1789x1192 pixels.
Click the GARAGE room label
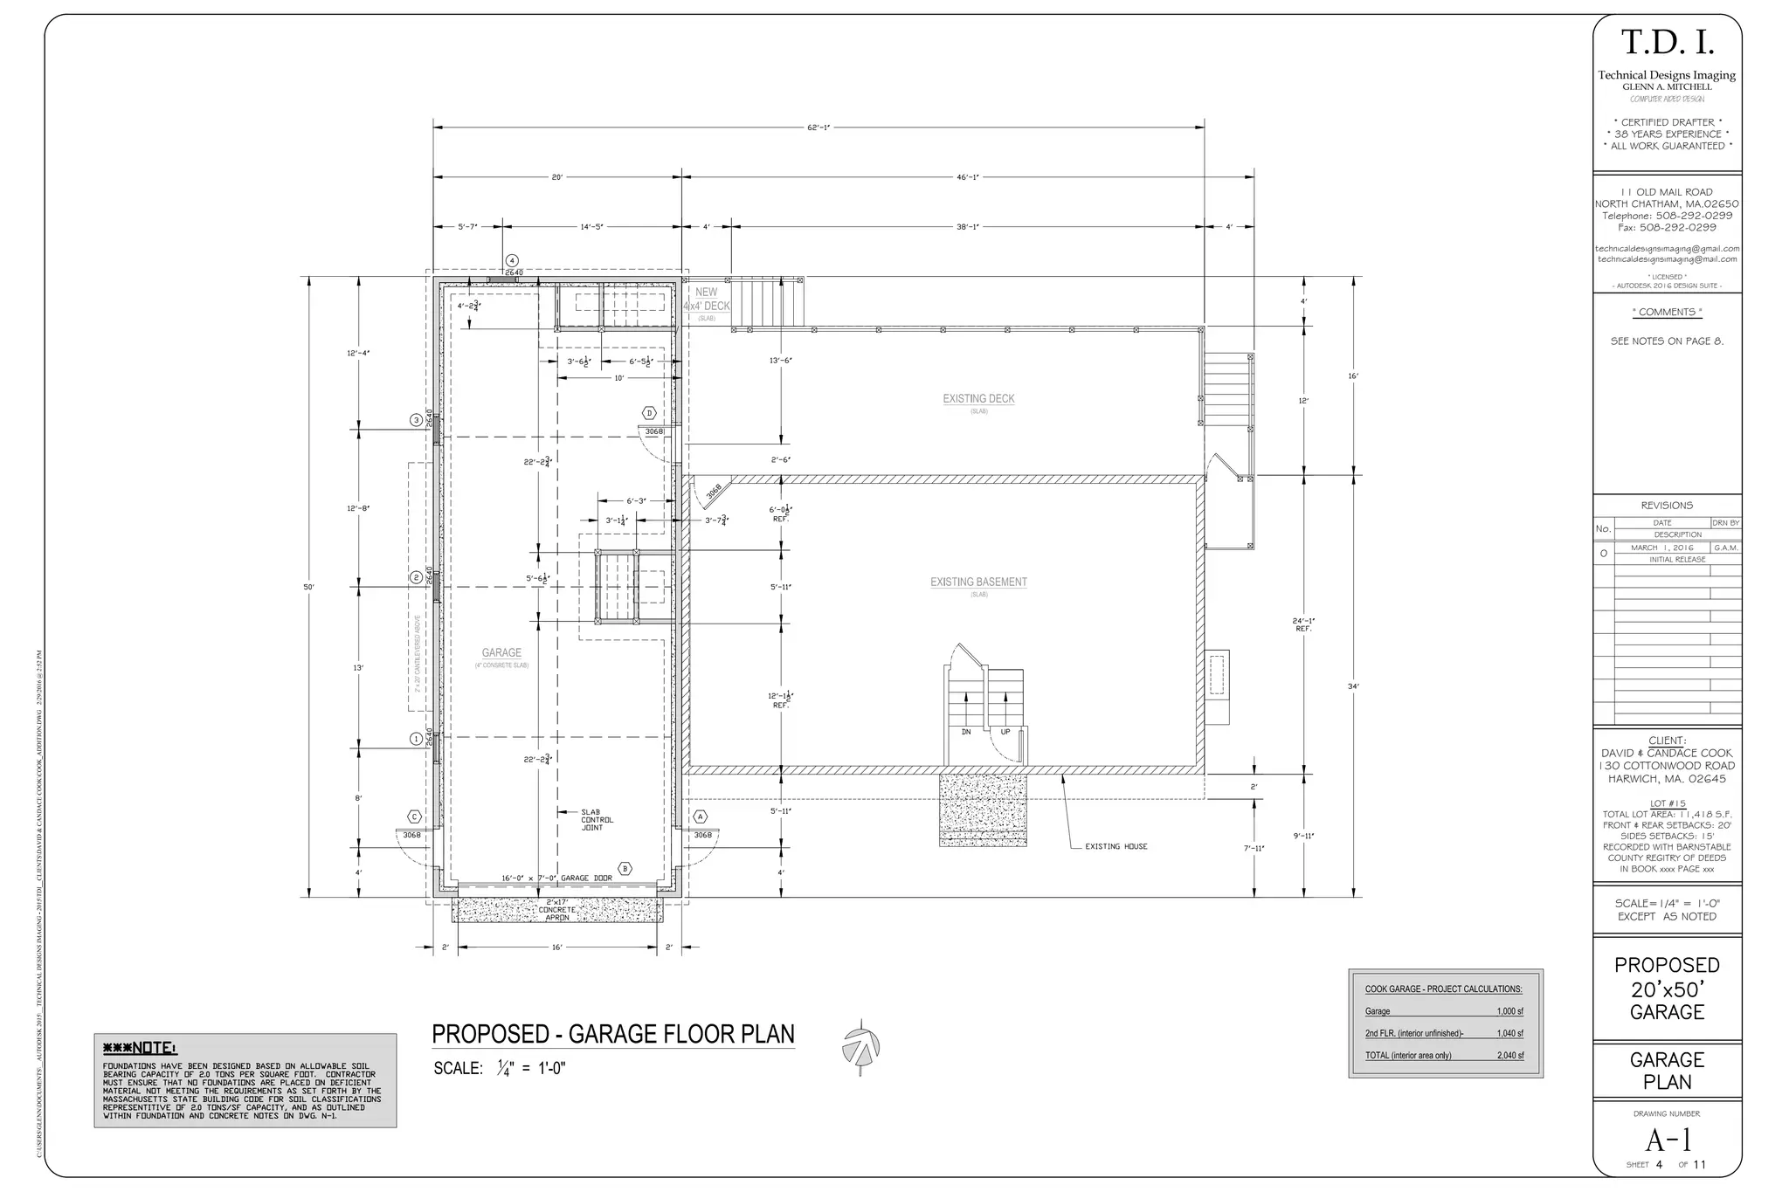click(x=501, y=652)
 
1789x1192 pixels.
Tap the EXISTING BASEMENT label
click(x=978, y=582)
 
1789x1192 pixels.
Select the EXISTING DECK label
click(x=978, y=399)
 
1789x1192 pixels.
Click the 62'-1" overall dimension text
click(x=819, y=127)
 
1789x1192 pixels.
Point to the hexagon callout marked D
click(x=649, y=413)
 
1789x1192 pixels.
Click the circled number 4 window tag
click(x=513, y=260)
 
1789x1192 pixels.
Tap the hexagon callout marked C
click(x=415, y=817)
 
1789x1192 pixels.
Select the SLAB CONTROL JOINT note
click(x=597, y=820)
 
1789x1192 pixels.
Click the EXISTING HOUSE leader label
click(x=1116, y=846)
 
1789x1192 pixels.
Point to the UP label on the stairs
click(x=1005, y=732)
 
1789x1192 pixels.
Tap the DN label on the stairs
click(x=966, y=732)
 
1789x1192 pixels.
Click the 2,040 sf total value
click(x=1510, y=1056)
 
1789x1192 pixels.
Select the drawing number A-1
click(x=1668, y=1140)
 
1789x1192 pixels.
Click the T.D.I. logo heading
click(x=1668, y=42)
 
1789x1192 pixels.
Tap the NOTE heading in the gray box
click(x=140, y=1048)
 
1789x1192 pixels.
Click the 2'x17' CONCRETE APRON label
click(x=557, y=910)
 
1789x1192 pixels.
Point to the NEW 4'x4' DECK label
click(x=707, y=300)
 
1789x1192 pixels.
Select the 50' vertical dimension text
click(x=308, y=587)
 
